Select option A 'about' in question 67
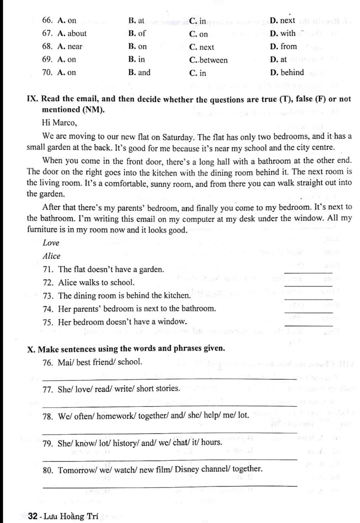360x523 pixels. [72, 33]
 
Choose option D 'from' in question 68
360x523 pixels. [283, 46]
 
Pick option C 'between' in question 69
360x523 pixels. [208, 60]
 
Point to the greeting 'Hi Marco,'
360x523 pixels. [59, 123]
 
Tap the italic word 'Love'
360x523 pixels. [51, 243]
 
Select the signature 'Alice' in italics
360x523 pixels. [51, 256]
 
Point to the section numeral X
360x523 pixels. [31, 349]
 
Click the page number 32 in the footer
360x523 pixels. [33, 516]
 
